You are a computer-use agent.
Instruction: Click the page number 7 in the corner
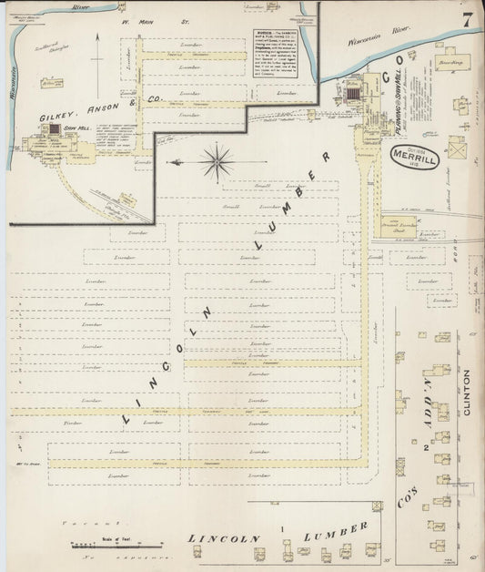(465, 21)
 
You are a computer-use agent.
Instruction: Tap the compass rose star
(217, 163)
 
